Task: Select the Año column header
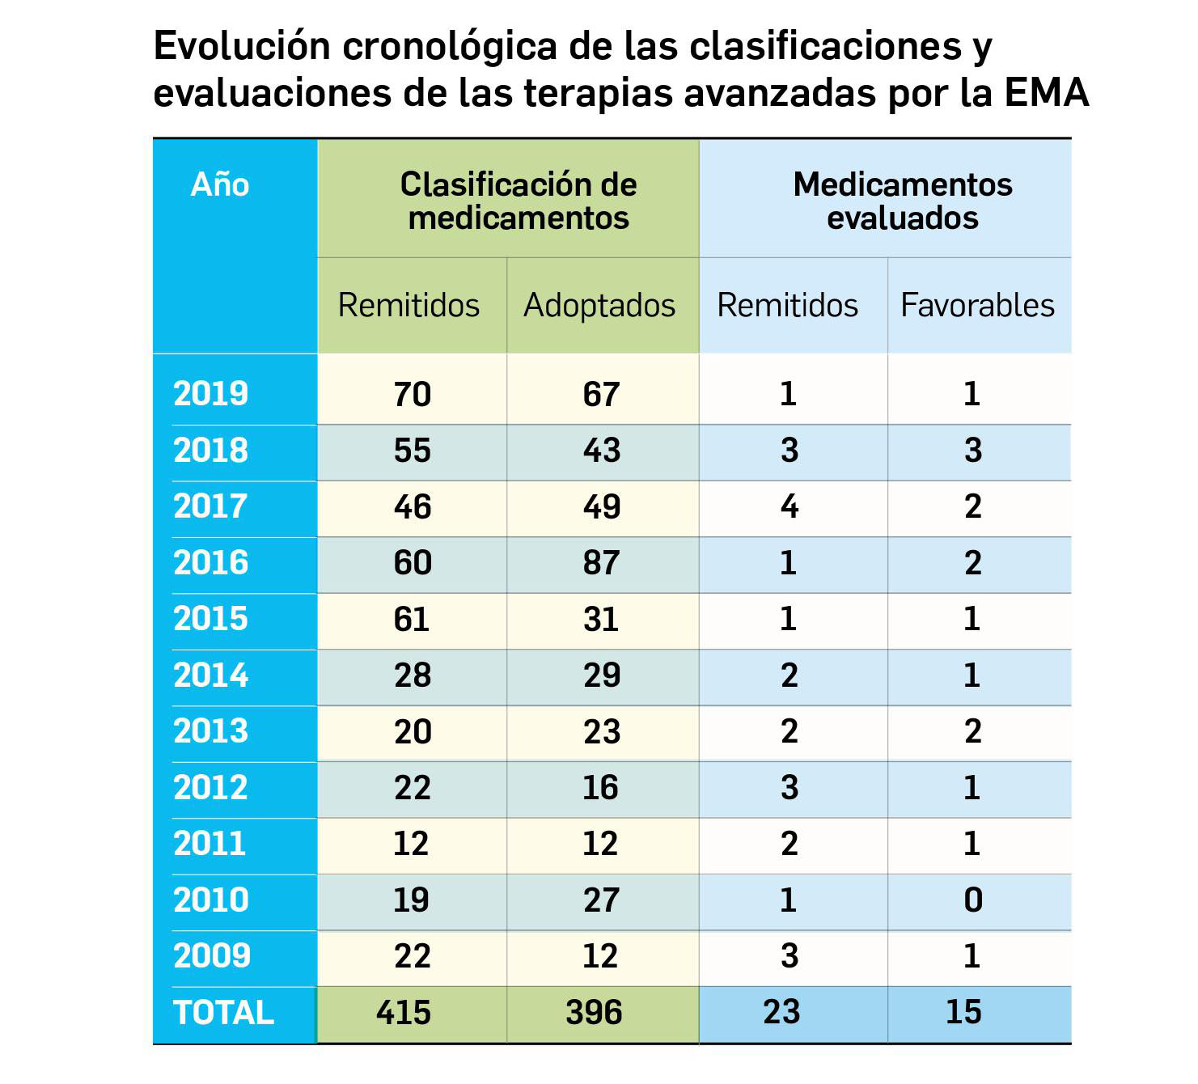(219, 185)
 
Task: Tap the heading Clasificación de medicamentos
(519, 201)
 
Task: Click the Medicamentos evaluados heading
(902, 201)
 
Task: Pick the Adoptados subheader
(599, 306)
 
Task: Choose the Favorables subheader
(977, 306)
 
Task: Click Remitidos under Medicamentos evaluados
(787, 306)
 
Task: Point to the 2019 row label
(210, 394)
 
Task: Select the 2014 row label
(210, 675)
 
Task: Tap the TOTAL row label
(223, 1013)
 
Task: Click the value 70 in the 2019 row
(413, 395)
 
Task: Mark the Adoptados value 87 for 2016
(601, 563)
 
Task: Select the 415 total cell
(404, 1013)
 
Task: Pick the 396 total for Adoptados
(594, 1013)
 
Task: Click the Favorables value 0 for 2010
(973, 900)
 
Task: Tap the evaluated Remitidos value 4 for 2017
(789, 507)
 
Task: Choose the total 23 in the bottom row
(781, 1013)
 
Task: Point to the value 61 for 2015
(411, 620)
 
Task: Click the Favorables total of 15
(963, 1013)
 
